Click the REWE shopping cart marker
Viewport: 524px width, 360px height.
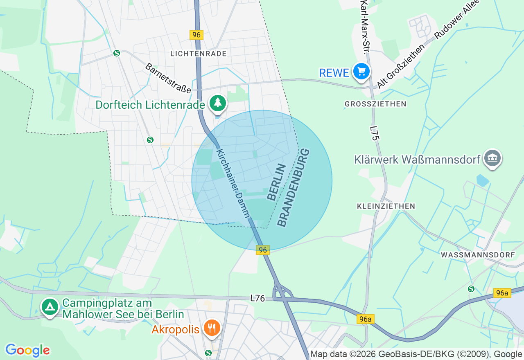pos(361,72)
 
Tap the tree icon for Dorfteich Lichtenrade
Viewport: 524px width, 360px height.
pos(218,103)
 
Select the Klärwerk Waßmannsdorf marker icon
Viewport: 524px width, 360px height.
pos(492,158)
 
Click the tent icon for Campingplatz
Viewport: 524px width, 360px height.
pos(50,306)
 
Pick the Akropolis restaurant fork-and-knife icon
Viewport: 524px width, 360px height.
pos(212,328)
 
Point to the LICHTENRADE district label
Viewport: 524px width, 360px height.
pos(198,54)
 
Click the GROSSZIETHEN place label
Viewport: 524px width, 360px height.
pos(375,104)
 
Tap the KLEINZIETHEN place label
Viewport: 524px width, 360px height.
pos(386,206)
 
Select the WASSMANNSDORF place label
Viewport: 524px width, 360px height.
pos(478,255)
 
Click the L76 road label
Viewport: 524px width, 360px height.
pos(258,299)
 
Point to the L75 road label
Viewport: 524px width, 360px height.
pos(374,133)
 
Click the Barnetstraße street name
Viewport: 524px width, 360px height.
pos(168,78)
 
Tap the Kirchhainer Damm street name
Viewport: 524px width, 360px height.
pos(233,183)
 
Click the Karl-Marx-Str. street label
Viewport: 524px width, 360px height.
pos(363,27)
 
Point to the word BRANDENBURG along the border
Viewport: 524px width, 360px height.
pos(293,188)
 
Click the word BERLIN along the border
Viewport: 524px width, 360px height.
pos(276,182)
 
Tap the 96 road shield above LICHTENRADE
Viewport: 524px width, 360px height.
pos(196,35)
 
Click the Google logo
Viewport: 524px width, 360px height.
pos(27,350)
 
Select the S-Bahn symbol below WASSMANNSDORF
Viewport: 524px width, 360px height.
pos(471,289)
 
